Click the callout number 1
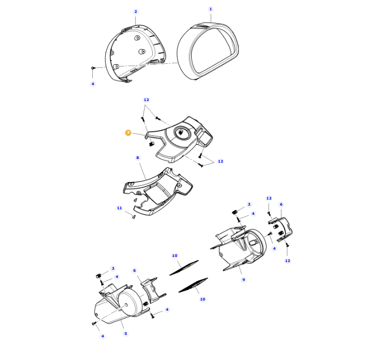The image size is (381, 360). click(x=211, y=9)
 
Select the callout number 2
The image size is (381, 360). click(x=135, y=11)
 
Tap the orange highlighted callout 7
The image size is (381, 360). click(x=128, y=133)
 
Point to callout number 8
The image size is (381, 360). click(x=137, y=157)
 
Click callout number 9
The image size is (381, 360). click(x=244, y=279)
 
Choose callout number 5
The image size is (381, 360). click(x=126, y=333)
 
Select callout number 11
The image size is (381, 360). click(x=119, y=208)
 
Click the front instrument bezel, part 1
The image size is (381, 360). click(x=208, y=51)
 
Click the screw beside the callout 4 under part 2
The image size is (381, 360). click(x=93, y=68)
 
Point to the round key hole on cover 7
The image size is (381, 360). click(x=182, y=132)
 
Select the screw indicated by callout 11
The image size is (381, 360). click(x=134, y=216)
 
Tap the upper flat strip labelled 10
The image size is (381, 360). click(x=184, y=268)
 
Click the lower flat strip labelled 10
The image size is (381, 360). click(x=193, y=285)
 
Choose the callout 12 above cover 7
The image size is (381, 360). click(x=146, y=99)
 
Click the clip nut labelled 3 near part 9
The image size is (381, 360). click(x=234, y=212)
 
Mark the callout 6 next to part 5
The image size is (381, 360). click(x=134, y=271)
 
